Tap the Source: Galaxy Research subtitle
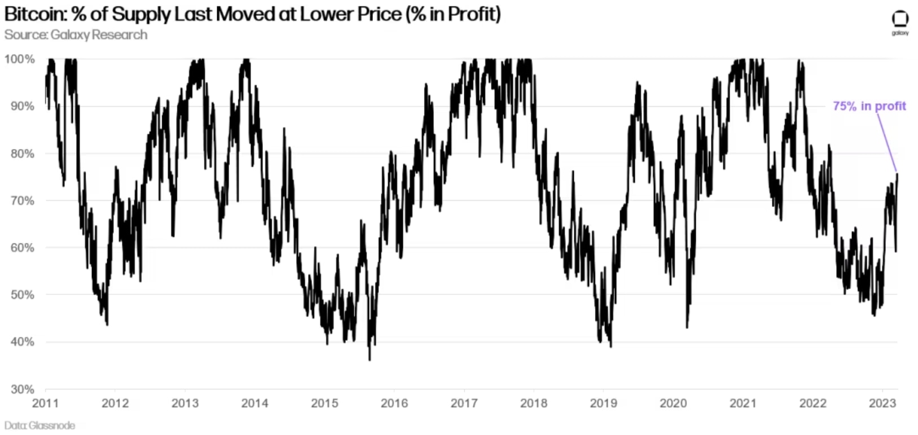coord(76,35)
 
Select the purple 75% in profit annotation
coord(869,106)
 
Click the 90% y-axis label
coord(23,106)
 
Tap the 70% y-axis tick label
coord(23,200)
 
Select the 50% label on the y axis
coord(23,295)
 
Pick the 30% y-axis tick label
coord(23,389)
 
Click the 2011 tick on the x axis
coord(45,403)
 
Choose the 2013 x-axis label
coord(185,403)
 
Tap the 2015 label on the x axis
coord(324,403)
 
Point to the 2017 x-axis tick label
coord(464,403)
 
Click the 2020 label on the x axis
coord(673,403)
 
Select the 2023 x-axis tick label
coord(882,403)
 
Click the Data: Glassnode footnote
coord(39,425)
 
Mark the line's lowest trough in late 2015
coord(370,359)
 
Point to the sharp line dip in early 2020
coord(687,327)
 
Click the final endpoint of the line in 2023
coord(897,174)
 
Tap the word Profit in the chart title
coord(475,14)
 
